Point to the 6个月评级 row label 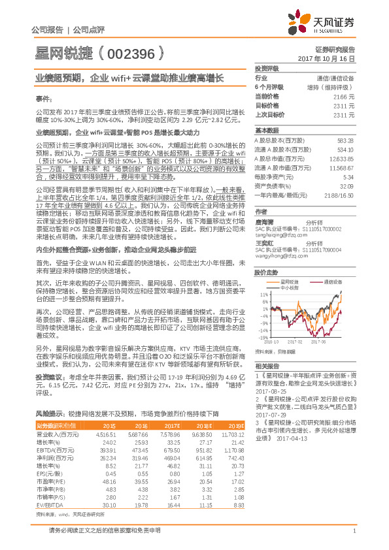(269, 86)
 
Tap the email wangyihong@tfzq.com (280, 257)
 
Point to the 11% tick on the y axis (263, 295)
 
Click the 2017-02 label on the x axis (295, 340)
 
